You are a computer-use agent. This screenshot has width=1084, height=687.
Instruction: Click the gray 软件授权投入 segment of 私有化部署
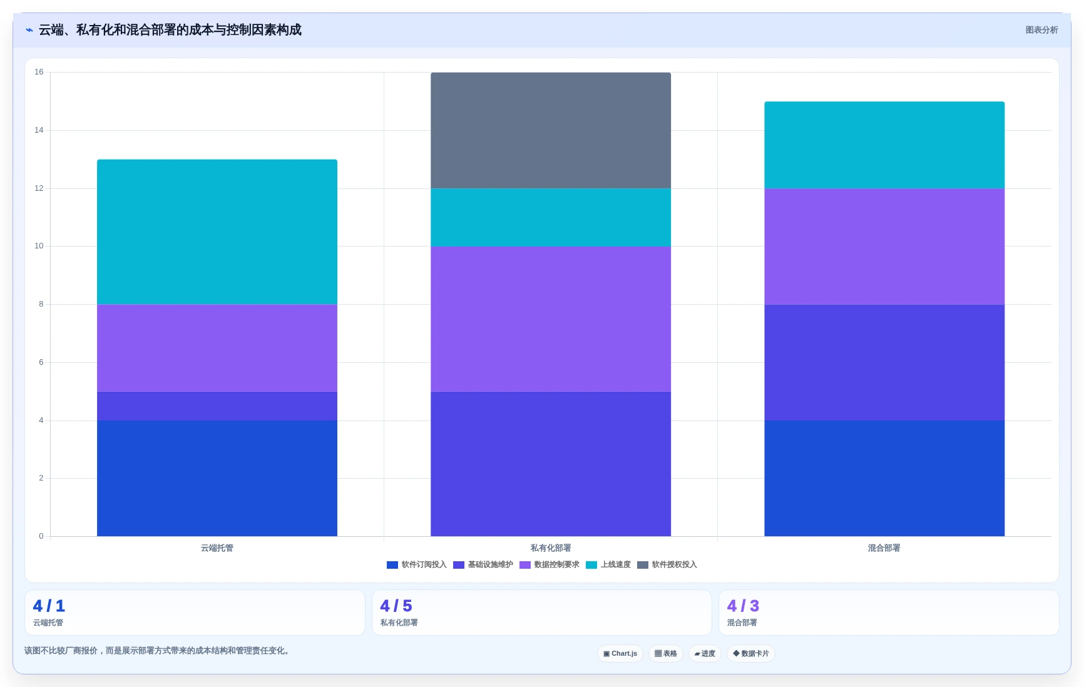click(x=551, y=130)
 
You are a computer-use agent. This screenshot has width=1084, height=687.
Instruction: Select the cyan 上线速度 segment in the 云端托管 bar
click(x=217, y=232)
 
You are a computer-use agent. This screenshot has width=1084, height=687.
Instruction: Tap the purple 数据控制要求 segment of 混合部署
click(x=884, y=247)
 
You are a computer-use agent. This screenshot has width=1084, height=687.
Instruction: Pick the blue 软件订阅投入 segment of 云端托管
click(x=217, y=478)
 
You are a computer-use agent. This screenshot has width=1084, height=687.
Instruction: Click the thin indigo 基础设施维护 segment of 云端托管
click(x=217, y=406)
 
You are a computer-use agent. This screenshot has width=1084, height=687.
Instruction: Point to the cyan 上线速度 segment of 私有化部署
click(x=551, y=217)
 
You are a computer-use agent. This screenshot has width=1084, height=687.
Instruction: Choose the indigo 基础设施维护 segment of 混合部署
click(x=884, y=362)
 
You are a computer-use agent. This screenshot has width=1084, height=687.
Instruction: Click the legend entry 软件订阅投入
click(x=417, y=565)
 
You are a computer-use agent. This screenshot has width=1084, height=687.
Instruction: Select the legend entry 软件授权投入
click(x=667, y=565)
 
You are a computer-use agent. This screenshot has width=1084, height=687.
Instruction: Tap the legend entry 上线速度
click(x=608, y=565)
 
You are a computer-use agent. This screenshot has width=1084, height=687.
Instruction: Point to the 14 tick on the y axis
click(x=39, y=130)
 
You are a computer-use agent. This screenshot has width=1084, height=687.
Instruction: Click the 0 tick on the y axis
click(x=41, y=536)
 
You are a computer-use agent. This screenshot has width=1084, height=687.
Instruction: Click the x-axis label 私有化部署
click(x=551, y=548)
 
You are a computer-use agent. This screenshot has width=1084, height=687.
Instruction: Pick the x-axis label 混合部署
click(x=884, y=548)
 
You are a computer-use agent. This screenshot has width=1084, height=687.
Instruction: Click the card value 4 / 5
click(x=396, y=606)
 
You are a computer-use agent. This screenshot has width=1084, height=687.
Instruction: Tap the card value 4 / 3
click(x=743, y=606)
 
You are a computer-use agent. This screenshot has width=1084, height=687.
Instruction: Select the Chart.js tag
click(x=620, y=654)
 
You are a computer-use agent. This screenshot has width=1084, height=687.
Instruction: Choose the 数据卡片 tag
click(x=751, y=654)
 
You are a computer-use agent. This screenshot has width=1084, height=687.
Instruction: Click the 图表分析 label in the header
click(x=1041, y=30)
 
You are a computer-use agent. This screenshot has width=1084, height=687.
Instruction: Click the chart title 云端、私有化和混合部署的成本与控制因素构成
click(x=170, y=30)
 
